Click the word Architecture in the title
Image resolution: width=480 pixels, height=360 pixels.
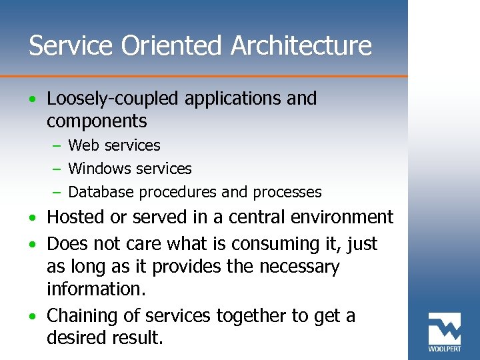pos(301,46)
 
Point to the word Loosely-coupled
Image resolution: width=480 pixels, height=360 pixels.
pos(114,99)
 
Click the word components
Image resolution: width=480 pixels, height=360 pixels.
pos(97,121)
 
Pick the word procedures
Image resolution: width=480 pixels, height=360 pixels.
pos(177,193)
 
